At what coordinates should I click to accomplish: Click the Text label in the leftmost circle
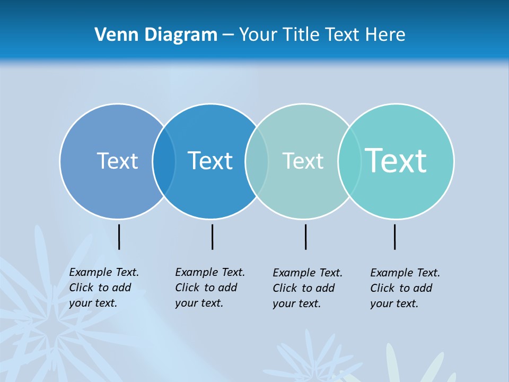(x=117, y=161)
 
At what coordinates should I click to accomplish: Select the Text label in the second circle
(x=210, y=161)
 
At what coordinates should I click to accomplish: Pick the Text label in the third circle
(x=302, y=161)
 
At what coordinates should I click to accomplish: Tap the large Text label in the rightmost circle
(x=396, y=160)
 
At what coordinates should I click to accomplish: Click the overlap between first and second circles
(x=164, y=161)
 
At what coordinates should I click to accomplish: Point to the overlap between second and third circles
(x=257, y=161)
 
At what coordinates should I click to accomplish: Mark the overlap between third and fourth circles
(x=349, y=161)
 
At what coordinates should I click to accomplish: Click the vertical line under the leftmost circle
(x=119, y=237)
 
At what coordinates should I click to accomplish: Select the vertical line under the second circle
(x=212, y=237)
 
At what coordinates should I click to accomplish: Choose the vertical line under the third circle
(x=305, y=237)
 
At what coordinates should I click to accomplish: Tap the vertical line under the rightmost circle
(x=394, y=237)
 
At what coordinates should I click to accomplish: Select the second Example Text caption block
(x=210, y=288)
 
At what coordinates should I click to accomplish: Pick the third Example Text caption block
(x=308, y=288)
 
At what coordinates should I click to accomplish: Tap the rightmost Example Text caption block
(x=405, y=288)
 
